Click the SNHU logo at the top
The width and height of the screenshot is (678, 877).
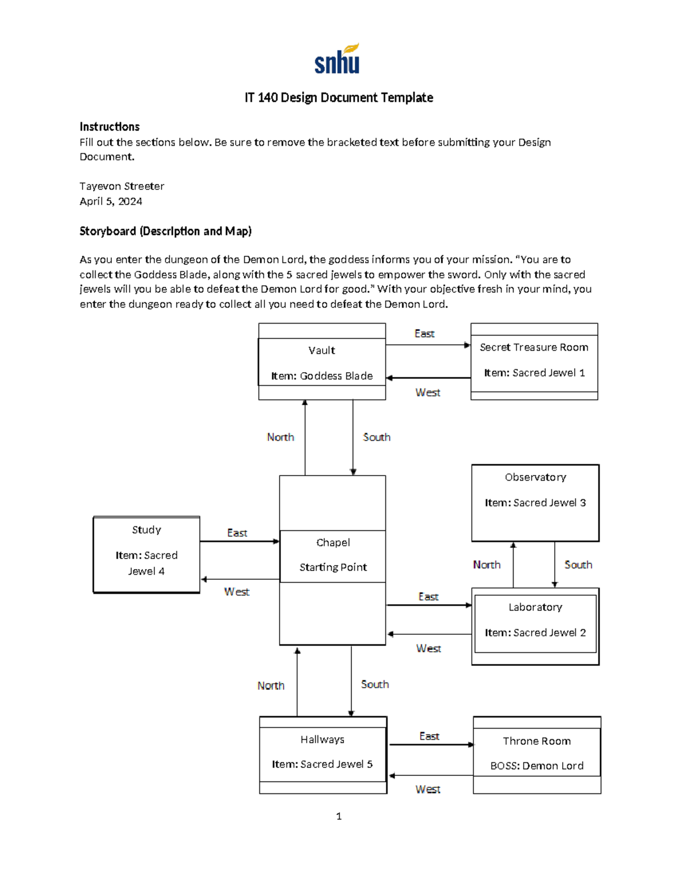pos(337,59)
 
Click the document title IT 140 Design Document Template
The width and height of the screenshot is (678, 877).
pos(338,98)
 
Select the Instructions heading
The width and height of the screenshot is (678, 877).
pos(109,126)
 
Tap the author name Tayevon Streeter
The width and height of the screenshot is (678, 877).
pos(121,186)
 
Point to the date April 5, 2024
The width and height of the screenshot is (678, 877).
pos(111,202)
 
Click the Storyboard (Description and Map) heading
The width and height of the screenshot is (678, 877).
pos(166,231)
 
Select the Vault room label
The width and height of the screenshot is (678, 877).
pos(321,351)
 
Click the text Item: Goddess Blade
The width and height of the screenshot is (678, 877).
pos(321,376)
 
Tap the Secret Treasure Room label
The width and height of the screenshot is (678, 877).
pos(534,347)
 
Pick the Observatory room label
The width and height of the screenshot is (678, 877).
pos(535,477)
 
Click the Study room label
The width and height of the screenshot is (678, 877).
pos(146,530)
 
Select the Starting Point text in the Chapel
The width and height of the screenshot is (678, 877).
pos(333,567)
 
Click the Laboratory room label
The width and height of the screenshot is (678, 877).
pos(535,607)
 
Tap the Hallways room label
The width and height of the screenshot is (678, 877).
pos(322,739)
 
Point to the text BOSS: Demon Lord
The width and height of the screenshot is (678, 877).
pos(537,766)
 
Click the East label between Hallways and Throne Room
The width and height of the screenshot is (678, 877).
pos(429,736)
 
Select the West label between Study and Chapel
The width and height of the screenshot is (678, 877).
pos(236,592)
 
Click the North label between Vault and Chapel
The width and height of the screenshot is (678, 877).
pos(280,437)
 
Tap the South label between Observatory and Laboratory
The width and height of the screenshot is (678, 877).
pos(578,565)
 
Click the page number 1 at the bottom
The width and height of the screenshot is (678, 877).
pos(338,816)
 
